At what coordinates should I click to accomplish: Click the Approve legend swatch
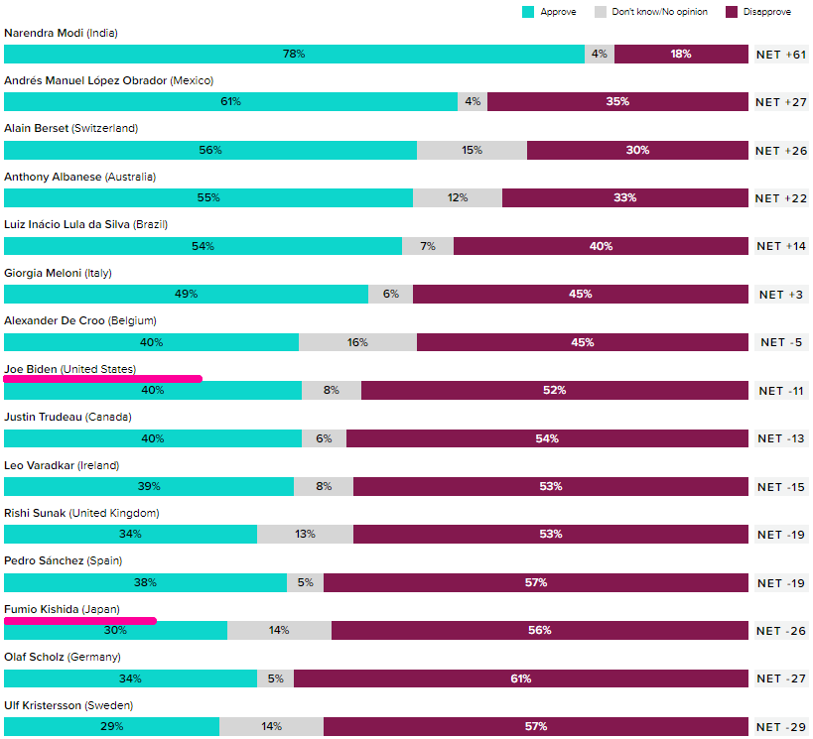(529, 12)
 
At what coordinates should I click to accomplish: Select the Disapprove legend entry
(758, 12)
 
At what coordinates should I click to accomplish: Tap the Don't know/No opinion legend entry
(650, 12)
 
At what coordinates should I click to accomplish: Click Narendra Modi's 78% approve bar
(294, 54)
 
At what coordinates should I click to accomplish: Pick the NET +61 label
(781, 55)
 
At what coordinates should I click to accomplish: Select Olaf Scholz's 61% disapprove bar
(521, 678)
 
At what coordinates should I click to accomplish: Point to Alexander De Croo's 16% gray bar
(357, 342)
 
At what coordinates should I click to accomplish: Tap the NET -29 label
(781, 727)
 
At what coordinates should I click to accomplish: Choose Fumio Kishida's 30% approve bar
(115, 631)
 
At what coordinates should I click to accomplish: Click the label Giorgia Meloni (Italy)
(58, 273)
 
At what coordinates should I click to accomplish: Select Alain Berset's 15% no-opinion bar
(472, 150)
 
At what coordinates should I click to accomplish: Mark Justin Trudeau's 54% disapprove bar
(547, 438)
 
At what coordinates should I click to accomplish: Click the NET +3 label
(781, 295)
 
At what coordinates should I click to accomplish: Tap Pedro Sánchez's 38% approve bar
(145, 582)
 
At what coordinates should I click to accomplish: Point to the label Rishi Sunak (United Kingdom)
(81, 513)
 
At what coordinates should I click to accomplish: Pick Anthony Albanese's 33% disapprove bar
(625, 197)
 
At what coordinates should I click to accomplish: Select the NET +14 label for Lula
(781, 246)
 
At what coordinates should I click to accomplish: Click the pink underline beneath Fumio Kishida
(80, 621)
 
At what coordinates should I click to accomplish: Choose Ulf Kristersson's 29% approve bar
(111, 727)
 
